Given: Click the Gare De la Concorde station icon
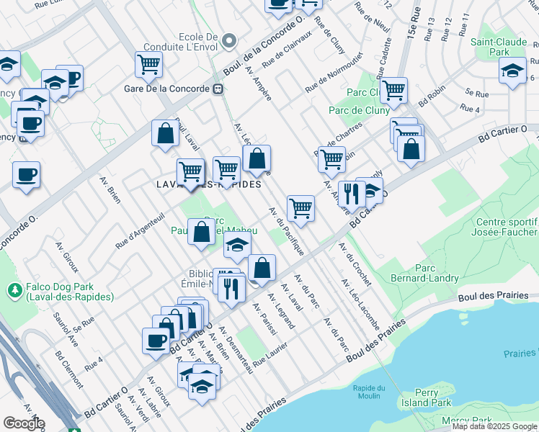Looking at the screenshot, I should [x=217, y=89].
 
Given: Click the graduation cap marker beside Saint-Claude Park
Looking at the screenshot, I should [x=512, y=71].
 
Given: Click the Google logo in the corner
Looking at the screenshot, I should [x=24, y=423].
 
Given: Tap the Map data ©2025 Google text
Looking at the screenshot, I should [x=494, y=427].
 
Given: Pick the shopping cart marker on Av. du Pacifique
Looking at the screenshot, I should [x=300, y=208].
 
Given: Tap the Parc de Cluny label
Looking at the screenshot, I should [x=359, y=110].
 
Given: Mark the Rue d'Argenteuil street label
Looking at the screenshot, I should [x=140, y=230].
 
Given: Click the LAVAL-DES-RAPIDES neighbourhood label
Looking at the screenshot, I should [x=209, y=184].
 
